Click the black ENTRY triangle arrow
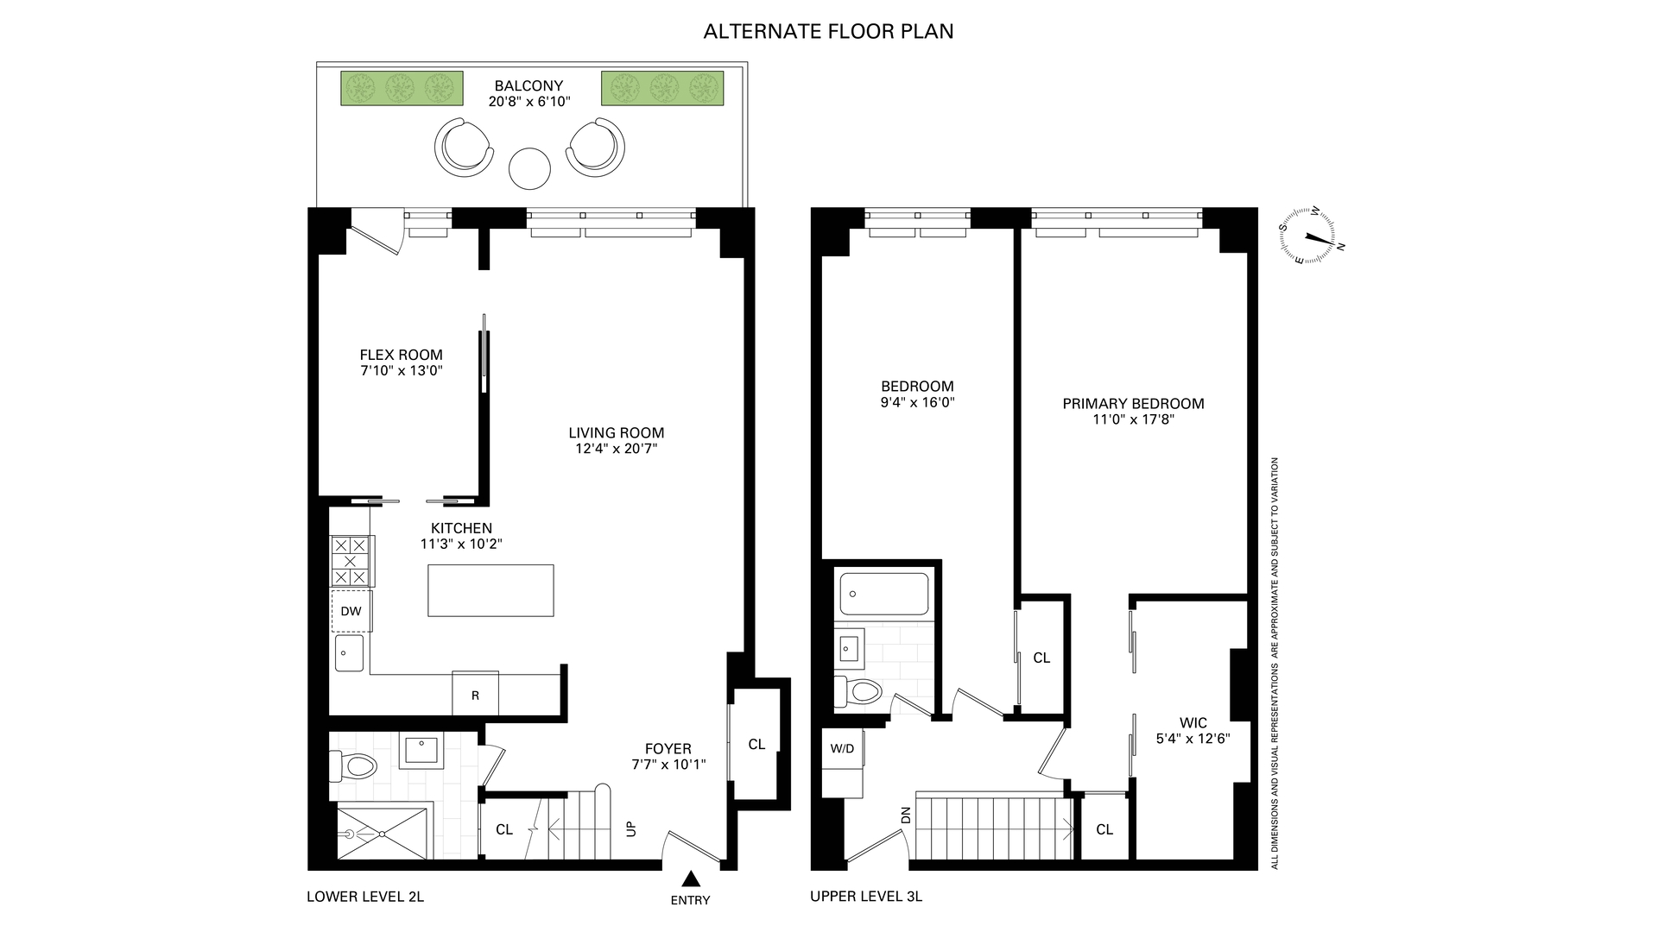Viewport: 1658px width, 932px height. pos(690,879)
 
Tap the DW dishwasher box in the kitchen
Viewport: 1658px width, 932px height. pos(351,611)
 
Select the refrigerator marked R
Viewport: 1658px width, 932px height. pos(475,694)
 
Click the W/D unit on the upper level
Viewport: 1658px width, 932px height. pos(841,748)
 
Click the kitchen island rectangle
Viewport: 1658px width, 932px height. pos(490,590)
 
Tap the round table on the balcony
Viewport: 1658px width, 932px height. pos(529,168)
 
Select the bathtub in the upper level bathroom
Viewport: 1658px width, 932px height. pos(883,594)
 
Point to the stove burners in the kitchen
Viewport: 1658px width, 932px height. pos(351,561)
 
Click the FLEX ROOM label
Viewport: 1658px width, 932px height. pos(401,355)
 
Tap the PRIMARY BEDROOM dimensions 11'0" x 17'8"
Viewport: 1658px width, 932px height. pos(1133,420)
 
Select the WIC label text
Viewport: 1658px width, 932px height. pos(1193,723)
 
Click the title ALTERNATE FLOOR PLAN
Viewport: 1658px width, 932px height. pos(828,32)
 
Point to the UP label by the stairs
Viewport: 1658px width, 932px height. pos(631,828)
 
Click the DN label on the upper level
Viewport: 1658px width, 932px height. pos(906,815)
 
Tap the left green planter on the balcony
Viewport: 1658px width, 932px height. pos(402,88)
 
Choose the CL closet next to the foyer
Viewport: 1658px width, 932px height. pos(756,744)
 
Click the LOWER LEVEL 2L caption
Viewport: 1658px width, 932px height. pos(365,897)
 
